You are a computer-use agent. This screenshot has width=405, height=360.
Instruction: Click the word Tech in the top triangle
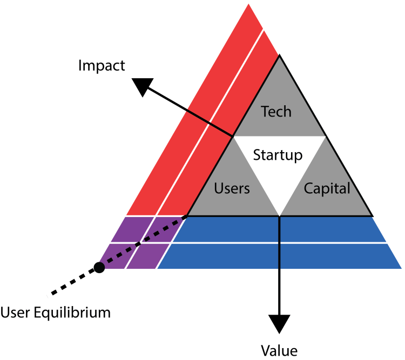[276, 112]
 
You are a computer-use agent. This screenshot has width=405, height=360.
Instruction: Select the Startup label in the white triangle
[278, 155]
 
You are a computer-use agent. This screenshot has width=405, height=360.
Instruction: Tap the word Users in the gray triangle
[232, 188]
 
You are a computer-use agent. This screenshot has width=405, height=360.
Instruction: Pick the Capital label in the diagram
[327, 188]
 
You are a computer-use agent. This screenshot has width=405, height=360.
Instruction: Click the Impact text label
[102, 66]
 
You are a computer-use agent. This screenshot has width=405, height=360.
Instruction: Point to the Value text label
[279, 350]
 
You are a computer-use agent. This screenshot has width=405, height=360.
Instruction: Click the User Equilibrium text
[56, 312]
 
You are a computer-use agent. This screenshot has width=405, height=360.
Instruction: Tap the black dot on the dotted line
[99, 267]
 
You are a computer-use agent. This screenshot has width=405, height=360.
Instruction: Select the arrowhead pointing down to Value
[280, 323]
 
